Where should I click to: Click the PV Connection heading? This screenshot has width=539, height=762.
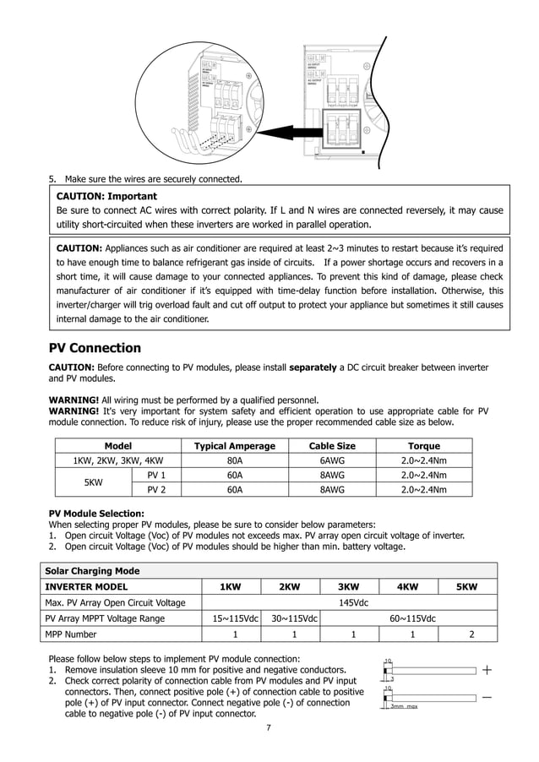tap(95, 348)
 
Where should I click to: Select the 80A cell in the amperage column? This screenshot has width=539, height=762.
tap(234, 460)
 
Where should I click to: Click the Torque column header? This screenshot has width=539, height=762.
tap(423, 446)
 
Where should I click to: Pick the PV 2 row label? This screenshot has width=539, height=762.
tap(156, 489)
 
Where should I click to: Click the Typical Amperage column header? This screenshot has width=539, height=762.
tap(234, 446)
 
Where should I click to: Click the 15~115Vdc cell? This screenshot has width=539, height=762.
tap(235, 618)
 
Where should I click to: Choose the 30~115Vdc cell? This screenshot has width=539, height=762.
tap(294, 618)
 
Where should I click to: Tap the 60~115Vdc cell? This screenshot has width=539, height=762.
tap(412, 618)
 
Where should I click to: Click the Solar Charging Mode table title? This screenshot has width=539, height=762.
tap(92, 571)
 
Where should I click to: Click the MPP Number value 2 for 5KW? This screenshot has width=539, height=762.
tap(471, 634)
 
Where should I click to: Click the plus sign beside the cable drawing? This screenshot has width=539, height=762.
tap(487, 670)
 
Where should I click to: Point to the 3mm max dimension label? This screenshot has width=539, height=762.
tap(404, 706)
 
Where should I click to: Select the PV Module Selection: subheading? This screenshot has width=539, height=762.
tap(96, 513)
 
